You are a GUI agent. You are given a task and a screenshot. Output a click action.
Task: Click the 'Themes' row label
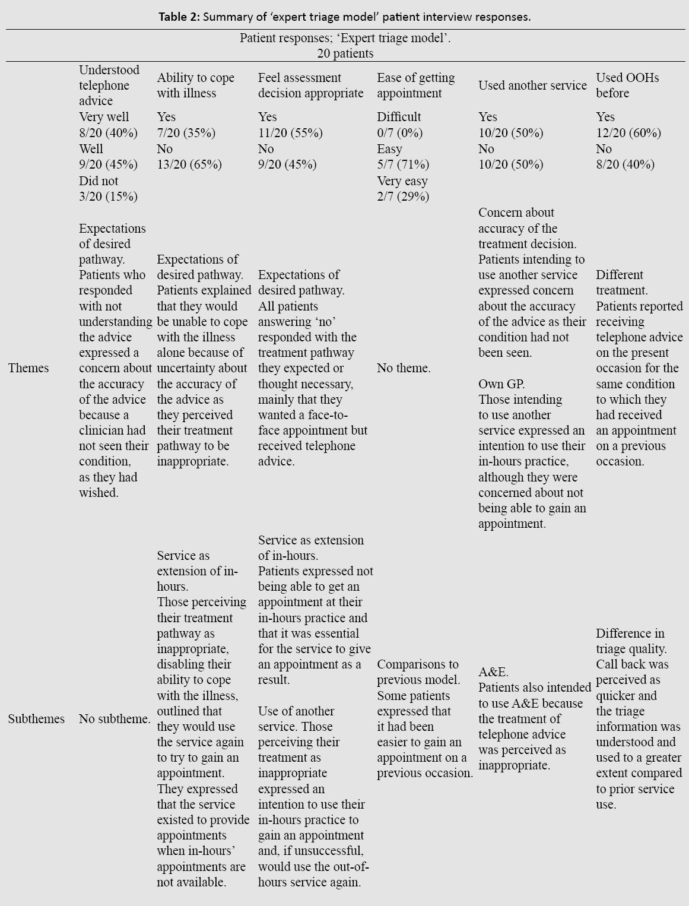coord(28,368)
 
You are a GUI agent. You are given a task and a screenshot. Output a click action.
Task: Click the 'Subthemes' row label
coord(36,719)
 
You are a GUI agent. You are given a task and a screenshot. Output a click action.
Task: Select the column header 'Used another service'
coord(532,85)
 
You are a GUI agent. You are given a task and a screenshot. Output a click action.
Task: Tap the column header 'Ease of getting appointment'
coord(415,85)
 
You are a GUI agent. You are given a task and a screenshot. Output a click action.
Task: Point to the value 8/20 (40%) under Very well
coord(108,133)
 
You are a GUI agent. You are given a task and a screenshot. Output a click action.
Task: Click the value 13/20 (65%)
coord(189,164)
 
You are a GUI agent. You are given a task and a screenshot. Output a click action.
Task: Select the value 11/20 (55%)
coord(290,133)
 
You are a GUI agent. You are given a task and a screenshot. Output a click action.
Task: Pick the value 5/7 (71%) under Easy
coord(402,164)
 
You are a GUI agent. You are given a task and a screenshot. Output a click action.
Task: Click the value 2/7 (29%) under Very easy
coord(402,197)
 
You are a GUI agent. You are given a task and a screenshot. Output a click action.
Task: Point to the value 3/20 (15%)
coord(108,197)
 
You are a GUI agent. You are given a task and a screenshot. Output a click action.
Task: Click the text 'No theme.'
coord(404,368)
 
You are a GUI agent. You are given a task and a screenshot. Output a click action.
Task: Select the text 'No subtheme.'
coord(115,719)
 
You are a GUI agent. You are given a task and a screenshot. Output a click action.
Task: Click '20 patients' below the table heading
coord(345,53)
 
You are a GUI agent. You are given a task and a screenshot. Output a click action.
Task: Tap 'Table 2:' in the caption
coord(179,17)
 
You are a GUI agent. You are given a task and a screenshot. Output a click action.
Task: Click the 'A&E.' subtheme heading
coord(493,673)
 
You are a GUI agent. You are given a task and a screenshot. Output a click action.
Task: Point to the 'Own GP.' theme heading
coord(501,384)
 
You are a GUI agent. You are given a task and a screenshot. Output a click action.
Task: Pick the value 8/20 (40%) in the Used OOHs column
coord(625,164)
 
